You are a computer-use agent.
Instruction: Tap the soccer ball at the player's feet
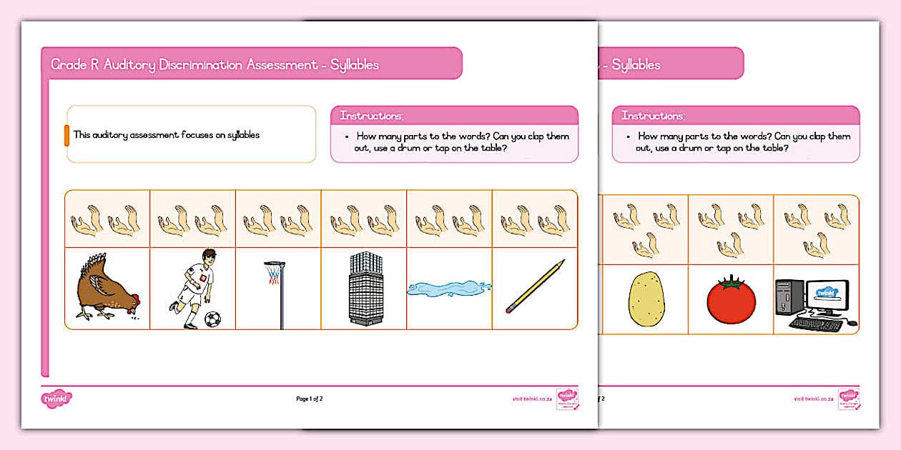coord(212,319)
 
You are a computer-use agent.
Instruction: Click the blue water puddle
coord(449,289)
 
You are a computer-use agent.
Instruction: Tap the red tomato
coord(731,301)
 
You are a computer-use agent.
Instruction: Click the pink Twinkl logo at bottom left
coord(56,399)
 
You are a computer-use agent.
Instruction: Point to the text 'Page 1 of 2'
coord(310,399)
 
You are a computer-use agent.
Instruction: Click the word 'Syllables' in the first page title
coord(355,65)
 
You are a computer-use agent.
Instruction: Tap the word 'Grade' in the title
coord(67,65)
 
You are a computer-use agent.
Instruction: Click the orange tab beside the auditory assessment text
coord(67,135)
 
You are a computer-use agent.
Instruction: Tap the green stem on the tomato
coord(731,284)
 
